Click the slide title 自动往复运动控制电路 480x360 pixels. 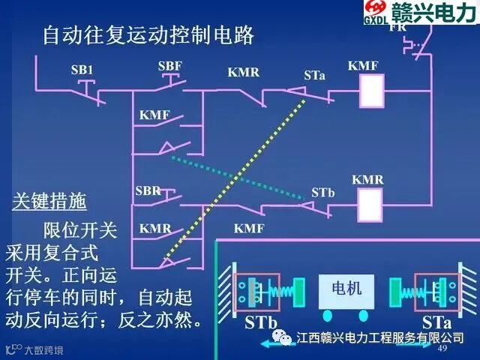pyautogui.click(x=148, y=35)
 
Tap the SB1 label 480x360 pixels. pyautogui.click(x=82, y=70)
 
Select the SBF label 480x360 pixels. pyautogui.click(x=170, y=67)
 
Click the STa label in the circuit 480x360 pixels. pyautogui.click(x=315, y=76)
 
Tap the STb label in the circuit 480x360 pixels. pyautogui.click(x=322, y=193)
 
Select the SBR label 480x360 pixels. pyautogui.click(x=148, y=190)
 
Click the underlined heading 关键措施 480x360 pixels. pyautogui.click(x=49, y=202)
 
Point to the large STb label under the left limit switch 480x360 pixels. pyautogui.click(x=261, y=324)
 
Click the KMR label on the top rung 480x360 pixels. pyautogui.click(x=244, y=73)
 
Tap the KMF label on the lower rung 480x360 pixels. pyautogui.click(x=249, y=228)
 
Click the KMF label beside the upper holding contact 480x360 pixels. pyautogui.click(x=155, y=115)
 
